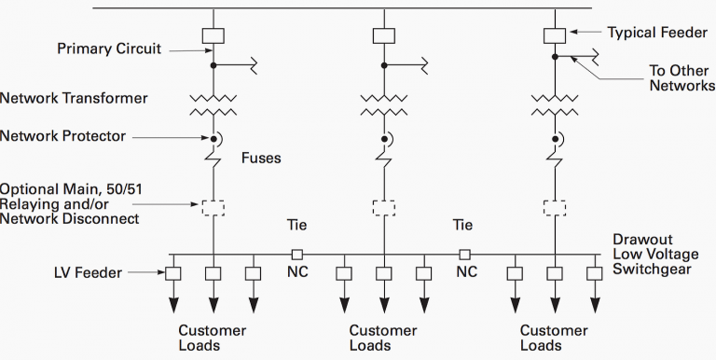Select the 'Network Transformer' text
[75, 97]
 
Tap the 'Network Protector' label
[63, 136]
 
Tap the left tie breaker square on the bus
[296, 254]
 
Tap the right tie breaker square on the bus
[464, 254]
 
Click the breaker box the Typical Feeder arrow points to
[554, 35]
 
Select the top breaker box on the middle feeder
[383, 35]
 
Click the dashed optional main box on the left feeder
[213, 206]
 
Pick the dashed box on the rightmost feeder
[554, 206]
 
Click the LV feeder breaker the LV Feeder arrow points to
[173, 273]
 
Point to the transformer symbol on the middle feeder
[383, 104]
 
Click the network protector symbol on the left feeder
[213, 140]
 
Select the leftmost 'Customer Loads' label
[213, 338]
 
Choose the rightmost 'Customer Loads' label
[554, 338]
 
